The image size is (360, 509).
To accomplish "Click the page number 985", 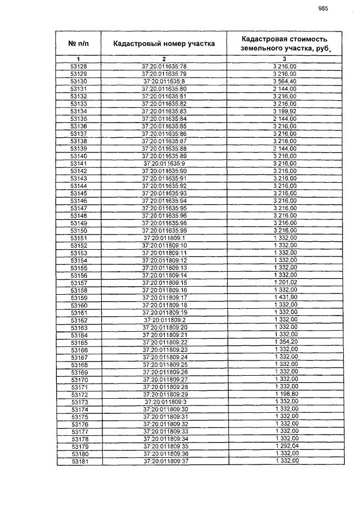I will (x=323, y=8).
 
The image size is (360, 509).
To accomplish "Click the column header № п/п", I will (x=78, y=43).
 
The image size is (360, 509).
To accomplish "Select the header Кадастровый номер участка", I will (x=164, y=43).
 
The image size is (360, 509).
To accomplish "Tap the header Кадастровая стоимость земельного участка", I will (x=284, y=43).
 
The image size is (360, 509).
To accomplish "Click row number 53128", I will (x=78, y=67).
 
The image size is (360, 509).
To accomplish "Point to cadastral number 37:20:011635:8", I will (x=164, y=82).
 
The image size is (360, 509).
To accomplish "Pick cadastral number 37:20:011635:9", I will (x=164, y=164).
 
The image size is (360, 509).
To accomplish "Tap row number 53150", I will (x=78, y=231).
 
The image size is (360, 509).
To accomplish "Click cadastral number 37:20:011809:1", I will (x=164, y=238).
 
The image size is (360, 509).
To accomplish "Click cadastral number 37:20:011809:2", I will (x=164, y=320).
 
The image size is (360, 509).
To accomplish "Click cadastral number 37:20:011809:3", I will (x=164, y=402).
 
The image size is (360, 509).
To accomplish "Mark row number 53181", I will (x=78, y=462).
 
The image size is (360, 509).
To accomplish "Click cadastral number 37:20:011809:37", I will (x=164, y=462).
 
